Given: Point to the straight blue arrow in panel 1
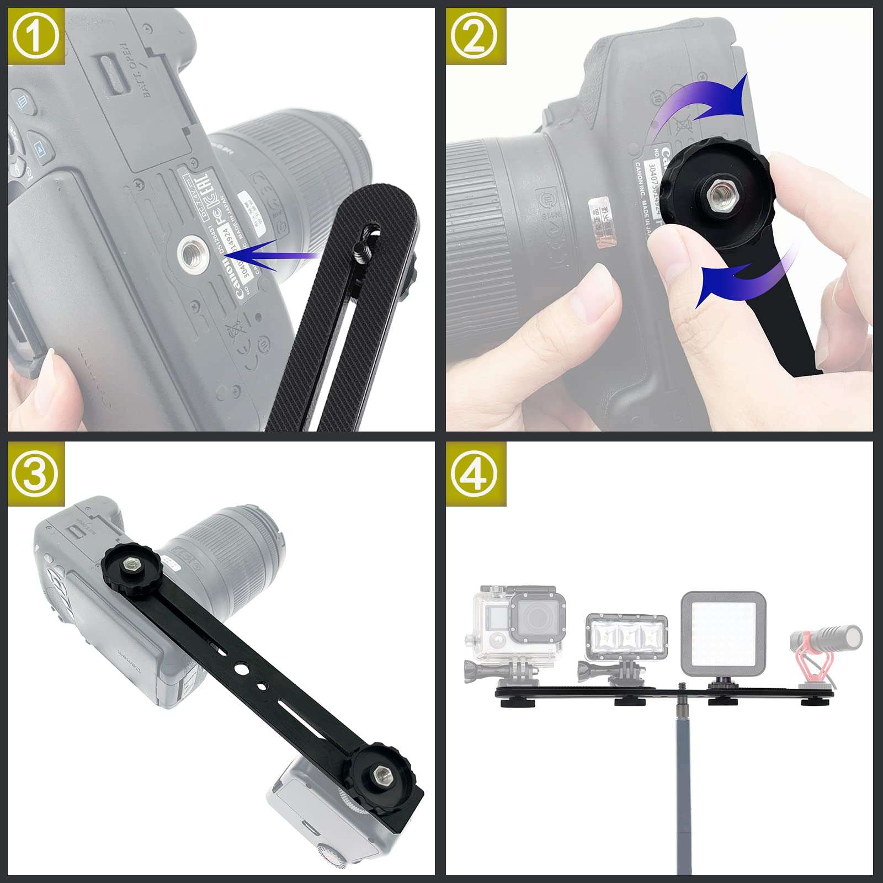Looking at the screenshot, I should (276, 255).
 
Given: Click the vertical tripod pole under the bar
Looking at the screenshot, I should (684, 784).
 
